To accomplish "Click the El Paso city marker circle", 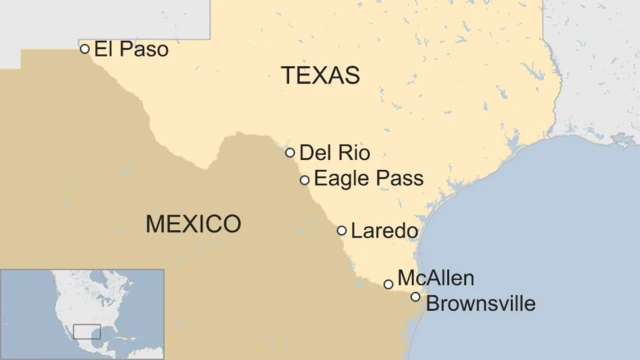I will pyautogui.click(x=85, y=48).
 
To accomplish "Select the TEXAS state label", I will pyautogui.click(x=320, y=75).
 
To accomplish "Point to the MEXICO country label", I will pyautogui.click(x=193, y=223).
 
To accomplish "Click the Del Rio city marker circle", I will pyautogui.click(x=290, y=153).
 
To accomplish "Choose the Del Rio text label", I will pyautogui.click(x=334, y=153).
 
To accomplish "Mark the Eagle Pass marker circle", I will pyautogui.click(x=304, y=180).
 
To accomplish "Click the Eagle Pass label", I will pyautogui.click(x=368, y=179).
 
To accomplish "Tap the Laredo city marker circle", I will pyautogui.click(x=342, y=230).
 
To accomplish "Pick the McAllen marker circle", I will pyautogui.click(x=388, y=284).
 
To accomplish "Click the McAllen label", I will pyautogui.click(x=435, y=278).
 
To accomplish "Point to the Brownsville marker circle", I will pyautogui.click(x=415, y=297).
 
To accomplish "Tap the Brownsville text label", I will pyautogui.click(x=480, y=304).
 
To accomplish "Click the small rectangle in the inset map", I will pyautogui.click(x=87, y=331).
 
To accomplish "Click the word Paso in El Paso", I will pyautogui.click(x=144, y=48).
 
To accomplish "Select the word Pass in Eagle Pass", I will pyautogui.click(x=401, y=179).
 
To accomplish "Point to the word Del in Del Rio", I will pyautogui.click(x=315, y=153).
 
